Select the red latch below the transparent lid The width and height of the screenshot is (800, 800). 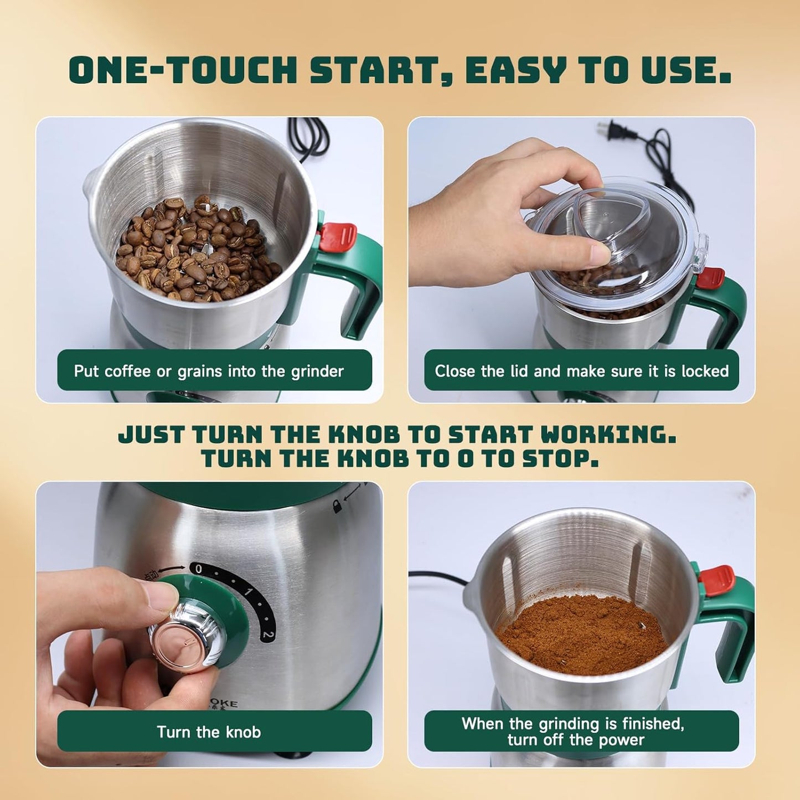click(x=710, y=278)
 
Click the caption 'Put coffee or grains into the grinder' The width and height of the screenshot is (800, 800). click(x=209, y=371)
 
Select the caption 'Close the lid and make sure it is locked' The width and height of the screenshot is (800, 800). click(x=581, y=371)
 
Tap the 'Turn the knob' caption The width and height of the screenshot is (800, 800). click(x=209, y=732)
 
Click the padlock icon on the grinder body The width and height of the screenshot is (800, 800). click(x=336, y=505)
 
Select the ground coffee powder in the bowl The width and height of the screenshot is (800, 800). click(x=581, y=634)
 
